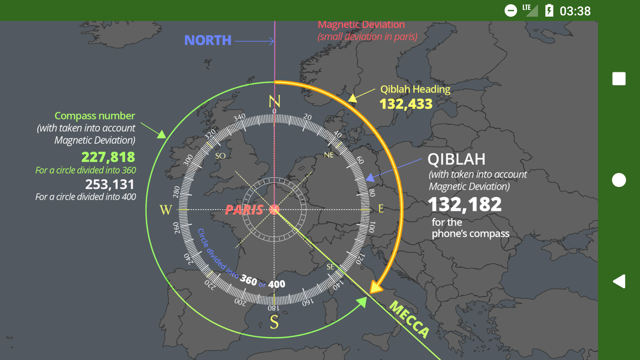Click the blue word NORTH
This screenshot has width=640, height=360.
tap(208, 41)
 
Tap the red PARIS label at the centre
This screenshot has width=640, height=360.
tap(244, 210)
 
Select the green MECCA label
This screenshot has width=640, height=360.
tap(409, 319)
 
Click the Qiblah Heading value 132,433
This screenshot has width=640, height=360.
tap(406, 104)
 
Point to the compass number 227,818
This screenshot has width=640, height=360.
tap(108, 157)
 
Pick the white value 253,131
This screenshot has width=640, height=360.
tap(110, 184)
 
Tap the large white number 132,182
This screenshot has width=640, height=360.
tap(465, 204)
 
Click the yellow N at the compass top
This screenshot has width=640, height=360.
tap(274, 101)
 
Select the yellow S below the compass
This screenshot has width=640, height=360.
tap(274, 322)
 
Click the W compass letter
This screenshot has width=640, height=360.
tap(166, 210)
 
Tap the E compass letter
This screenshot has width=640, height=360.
tap(381, 209)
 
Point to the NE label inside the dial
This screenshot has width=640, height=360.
tap(329, 155)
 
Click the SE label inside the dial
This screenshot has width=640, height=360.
tap(330, 267)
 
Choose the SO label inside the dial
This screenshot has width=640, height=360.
tap(220, 156)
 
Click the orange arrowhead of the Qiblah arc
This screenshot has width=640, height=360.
tap(376, 287)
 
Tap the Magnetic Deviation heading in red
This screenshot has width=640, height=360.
tap(361, 25)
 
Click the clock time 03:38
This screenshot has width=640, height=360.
tap(575, 11)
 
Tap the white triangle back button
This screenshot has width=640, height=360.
tap(619, 281)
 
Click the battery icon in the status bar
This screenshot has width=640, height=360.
tap(549, 11)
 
